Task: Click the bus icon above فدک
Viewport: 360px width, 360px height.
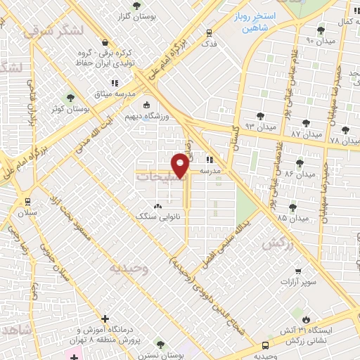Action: coord(209,32)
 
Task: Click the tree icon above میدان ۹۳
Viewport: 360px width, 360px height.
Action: coord(261,115)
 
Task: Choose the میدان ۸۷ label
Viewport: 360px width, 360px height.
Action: coord(307,134)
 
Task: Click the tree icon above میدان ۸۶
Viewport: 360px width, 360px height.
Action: coord(300,163)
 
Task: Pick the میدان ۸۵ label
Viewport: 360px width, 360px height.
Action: coord(292,219)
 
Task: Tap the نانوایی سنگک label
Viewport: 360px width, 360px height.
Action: coord(157,217)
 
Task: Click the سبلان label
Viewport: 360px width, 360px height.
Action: coord(27,212)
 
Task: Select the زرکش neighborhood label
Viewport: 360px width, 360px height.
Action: coord(276,243)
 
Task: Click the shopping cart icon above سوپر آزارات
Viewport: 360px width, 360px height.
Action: coord(298,271)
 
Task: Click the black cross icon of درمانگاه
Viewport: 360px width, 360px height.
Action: coord(105,319)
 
